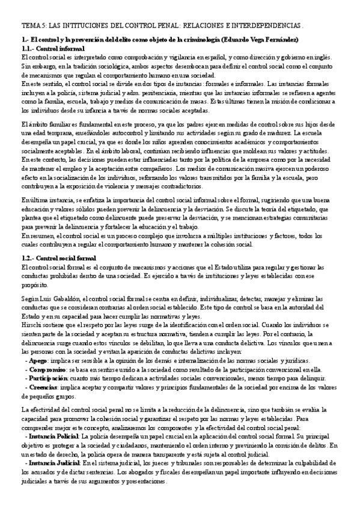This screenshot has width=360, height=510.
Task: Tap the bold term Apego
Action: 36,361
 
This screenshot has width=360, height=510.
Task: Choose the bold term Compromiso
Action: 46,369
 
